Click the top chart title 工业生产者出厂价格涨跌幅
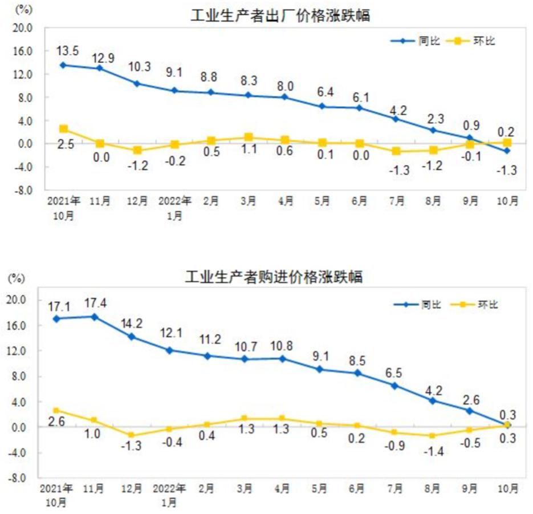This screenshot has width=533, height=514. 280,15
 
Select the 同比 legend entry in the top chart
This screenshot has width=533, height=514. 415,41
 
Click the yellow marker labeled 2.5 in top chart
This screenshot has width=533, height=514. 63,129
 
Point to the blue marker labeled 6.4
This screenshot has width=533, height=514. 322,106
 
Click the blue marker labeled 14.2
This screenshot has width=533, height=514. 132,337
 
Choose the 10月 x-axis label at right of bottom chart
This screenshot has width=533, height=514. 508,489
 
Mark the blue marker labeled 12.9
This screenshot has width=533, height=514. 100,68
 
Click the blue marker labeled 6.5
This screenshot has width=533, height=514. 394,385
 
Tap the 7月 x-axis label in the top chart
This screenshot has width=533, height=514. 397,201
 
